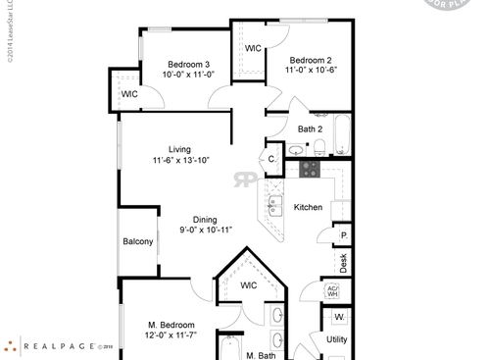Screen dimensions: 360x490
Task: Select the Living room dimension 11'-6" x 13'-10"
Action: tap(180, 160)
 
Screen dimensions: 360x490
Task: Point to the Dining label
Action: tap(205, 220)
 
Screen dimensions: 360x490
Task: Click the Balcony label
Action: tap(137, 241)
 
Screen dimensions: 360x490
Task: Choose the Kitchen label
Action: tap(309, 207)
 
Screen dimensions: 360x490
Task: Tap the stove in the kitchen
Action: tap(310, 168)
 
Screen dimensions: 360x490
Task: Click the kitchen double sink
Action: tap(275, 206)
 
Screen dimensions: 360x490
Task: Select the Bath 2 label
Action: tap(311, 129)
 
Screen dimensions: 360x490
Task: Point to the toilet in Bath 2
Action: tap(319, 148)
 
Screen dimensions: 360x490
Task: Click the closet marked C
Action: tap(271, 158)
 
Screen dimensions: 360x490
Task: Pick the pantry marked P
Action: tap(343, 236)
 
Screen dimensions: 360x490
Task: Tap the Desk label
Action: tap(343, 263)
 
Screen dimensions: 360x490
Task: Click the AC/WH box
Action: tap(332, 291)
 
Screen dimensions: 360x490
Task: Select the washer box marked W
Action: tap(339, 318)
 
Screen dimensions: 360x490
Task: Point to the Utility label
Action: tap(336, 338)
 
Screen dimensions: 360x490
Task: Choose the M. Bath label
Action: tap(260, 355)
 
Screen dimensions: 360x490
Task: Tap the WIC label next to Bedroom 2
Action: tap(253, 48)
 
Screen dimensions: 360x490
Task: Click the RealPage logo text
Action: tap(59, 345)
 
